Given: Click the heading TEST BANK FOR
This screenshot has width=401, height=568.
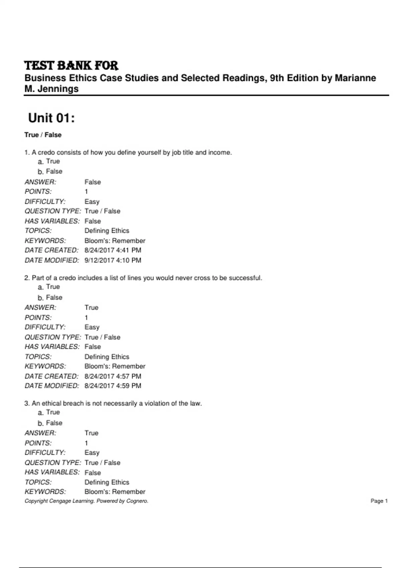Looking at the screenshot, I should point(71,65).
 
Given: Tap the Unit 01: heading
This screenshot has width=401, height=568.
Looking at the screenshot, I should point(51,118).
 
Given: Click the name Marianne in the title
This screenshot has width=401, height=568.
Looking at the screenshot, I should point(355,78).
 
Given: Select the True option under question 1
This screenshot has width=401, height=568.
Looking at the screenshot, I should point(53,161).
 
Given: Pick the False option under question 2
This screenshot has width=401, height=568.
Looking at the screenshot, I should point(54,297).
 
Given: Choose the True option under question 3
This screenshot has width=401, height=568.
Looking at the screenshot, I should point(53,412).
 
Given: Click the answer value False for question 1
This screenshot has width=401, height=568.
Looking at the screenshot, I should point(93,182).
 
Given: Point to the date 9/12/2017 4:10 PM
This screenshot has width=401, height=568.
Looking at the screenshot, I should point(113,260).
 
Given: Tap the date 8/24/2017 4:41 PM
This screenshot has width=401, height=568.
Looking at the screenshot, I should point(113,250).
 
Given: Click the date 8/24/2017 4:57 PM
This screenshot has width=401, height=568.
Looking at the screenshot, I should point(113,376).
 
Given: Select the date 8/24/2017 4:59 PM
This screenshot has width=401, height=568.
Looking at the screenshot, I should point(113,386).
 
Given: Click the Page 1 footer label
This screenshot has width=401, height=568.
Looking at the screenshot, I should point(379,501).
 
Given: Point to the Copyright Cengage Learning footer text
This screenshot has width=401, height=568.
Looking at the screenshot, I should point(86,501).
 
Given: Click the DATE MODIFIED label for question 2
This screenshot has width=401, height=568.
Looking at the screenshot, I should point(52,386).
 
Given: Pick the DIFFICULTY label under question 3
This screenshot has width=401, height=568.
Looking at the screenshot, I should point(45,453).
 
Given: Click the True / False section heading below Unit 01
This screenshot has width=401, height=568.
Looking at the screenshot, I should point(43,135).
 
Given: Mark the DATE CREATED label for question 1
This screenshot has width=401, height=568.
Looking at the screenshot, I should point(51,250).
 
